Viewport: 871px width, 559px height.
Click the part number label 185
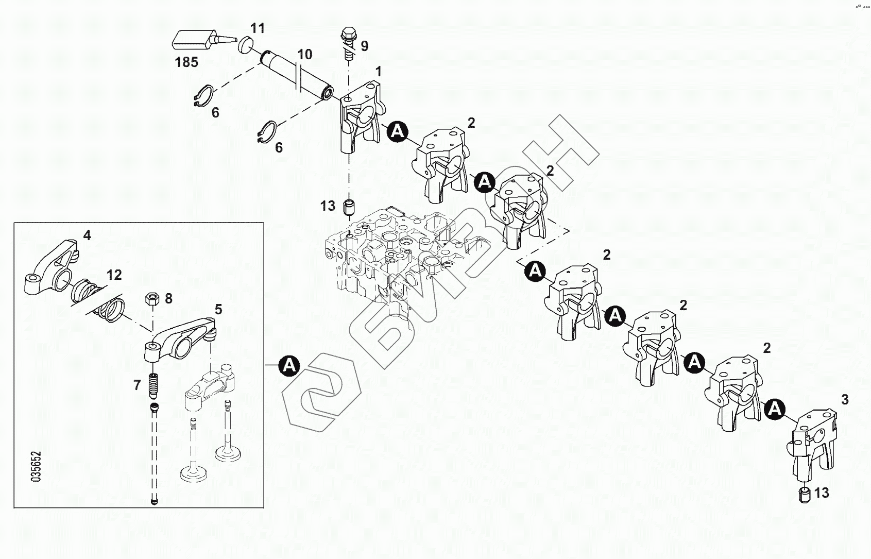(186, 62)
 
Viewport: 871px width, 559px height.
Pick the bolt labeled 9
(347, 44)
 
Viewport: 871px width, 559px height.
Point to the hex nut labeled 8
(152, 298)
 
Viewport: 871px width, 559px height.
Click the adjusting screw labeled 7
(152, 385)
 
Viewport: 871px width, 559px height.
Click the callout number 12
(114, 275)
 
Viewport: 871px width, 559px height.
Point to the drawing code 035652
(36, 467)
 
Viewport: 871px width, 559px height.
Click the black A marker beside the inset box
(289, 365)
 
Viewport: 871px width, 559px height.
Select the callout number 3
(845, 399)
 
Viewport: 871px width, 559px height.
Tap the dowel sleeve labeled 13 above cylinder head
(349, 207)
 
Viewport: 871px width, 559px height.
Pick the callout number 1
(379, 72)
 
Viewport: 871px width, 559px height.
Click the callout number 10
(305, 54)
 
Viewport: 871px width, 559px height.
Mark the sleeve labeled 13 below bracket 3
(804, 494)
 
